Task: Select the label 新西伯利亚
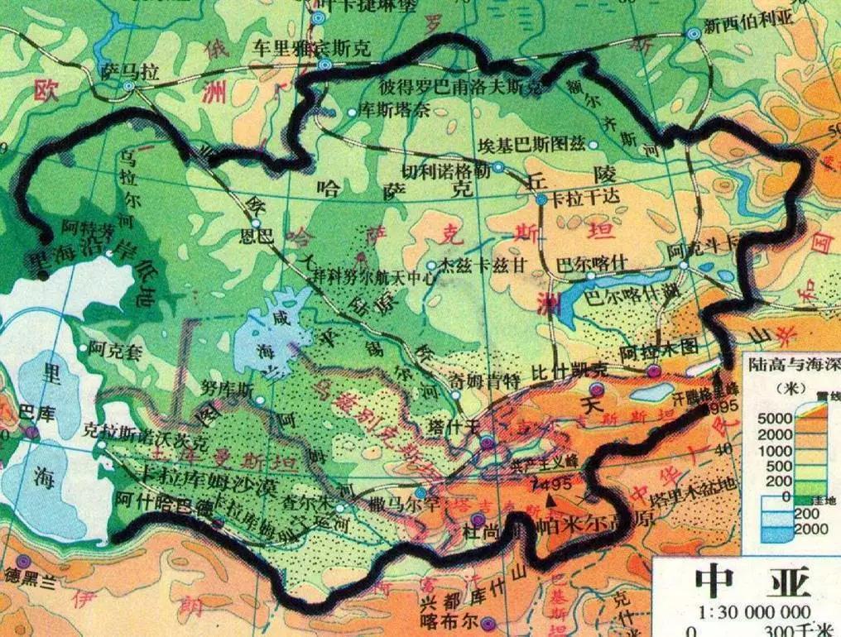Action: tap(748, 22)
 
